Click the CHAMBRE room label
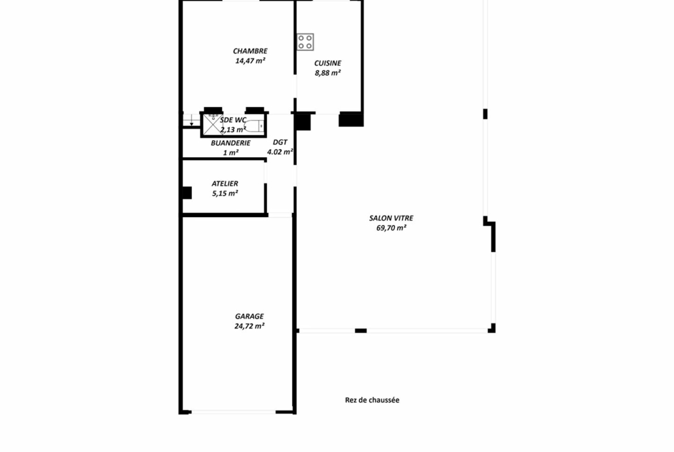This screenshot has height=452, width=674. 250,51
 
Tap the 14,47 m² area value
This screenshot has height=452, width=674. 250,60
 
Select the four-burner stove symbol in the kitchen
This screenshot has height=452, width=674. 305,41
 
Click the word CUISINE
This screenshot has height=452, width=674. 328,63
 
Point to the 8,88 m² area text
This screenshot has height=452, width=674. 328,73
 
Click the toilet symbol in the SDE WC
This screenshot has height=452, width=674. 256,126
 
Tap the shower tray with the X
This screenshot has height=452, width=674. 212,124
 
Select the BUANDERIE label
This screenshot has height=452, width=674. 230,143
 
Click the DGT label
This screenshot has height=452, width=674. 280,142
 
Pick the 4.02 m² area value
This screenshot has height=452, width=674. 280,151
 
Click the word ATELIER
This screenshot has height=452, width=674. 225,184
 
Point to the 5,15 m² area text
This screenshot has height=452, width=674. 225,193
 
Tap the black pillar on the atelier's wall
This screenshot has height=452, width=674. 187,192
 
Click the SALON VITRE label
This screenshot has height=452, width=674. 391,218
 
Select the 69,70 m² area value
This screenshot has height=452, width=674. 391,228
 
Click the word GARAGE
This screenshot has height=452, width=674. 249,316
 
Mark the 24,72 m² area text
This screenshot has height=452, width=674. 249,326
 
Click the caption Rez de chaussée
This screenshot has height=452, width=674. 372,400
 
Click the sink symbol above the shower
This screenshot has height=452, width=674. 213,116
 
